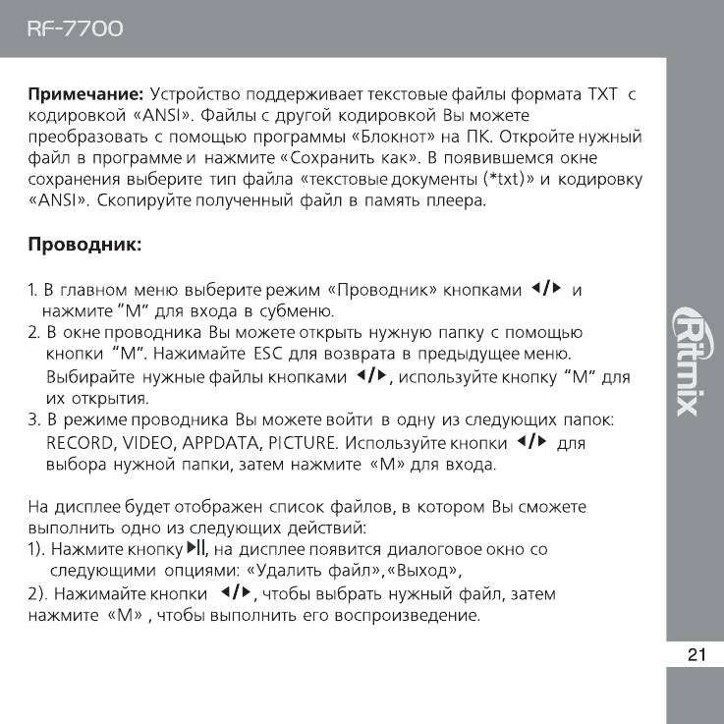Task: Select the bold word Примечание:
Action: coord(85,95)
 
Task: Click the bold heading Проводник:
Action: coord(85,244)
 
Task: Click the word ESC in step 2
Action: coord(268,353)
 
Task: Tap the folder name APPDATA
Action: coord(224,443)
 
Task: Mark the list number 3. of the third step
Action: coord(33,421)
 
